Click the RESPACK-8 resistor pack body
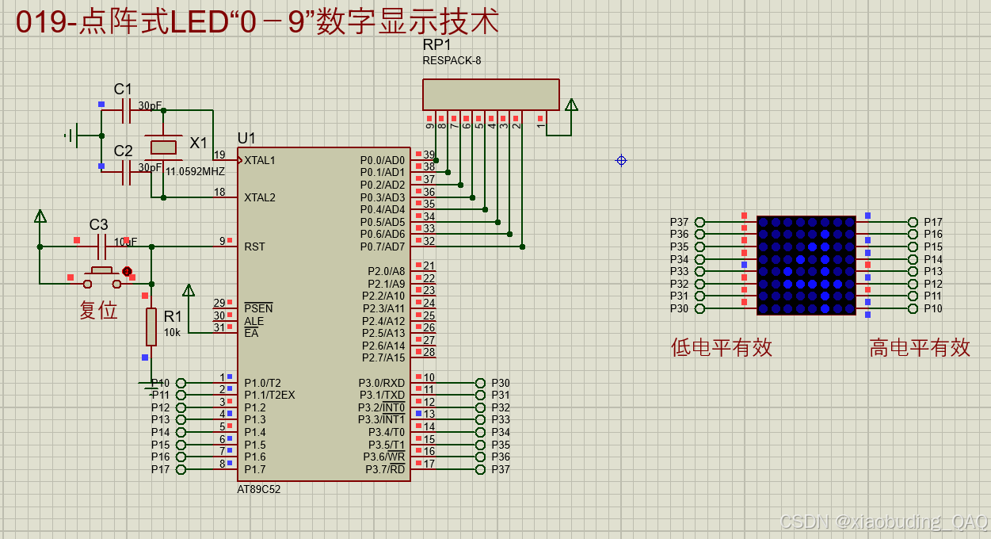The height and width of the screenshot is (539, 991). (490, 94)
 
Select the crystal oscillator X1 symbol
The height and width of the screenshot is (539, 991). (163, 147)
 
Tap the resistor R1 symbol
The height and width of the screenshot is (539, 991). (151, 327)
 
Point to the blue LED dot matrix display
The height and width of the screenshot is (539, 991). (806, 265)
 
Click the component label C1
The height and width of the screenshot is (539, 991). (123, 90)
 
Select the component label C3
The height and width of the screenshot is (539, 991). (98, 224)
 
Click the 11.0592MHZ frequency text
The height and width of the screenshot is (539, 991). (195, 171)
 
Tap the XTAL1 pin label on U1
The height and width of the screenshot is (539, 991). (260, 160)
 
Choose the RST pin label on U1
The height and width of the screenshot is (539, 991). (254, 247)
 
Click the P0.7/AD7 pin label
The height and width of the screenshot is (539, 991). (383, 247)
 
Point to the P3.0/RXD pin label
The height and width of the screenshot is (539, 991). (382, 383)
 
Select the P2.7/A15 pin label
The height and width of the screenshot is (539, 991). (383, 357)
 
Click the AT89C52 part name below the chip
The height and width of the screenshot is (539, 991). (259, 489)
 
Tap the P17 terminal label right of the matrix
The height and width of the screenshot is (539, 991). (933, 223)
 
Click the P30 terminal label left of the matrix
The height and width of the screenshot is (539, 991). (679, 308)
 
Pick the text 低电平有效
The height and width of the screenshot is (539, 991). (721, 347)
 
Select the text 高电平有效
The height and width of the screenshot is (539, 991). (919, 347)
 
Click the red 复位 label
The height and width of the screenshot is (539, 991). (98, 310)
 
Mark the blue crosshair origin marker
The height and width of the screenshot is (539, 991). (621, 160)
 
